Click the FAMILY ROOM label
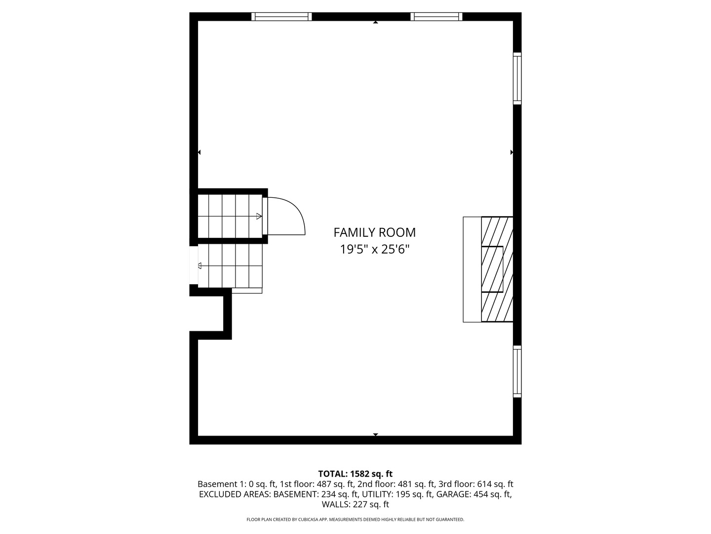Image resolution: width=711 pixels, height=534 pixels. coord(375,232)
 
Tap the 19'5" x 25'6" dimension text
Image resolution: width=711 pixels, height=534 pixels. coord(375,249)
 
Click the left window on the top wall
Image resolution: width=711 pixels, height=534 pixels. coord(281,17)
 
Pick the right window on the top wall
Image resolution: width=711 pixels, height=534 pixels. coord(436,17)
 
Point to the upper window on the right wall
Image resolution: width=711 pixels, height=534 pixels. coord(517,78)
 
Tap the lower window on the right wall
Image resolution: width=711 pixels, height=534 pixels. coord(517,371)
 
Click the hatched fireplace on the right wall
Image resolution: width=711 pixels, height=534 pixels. coord(497,269)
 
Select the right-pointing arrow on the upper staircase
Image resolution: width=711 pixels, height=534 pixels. coord(259,216)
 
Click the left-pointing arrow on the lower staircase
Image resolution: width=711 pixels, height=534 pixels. coord(200,266)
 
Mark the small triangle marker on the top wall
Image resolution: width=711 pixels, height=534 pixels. coord(375,22)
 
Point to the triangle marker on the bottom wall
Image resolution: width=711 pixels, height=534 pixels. coord(375,434)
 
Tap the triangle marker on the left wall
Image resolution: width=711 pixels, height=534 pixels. coord(199,152)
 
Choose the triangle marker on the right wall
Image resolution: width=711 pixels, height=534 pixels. coord(512,152)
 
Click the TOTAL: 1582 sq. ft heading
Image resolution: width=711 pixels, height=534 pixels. coord(355,474)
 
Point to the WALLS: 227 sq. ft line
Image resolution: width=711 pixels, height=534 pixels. coord(355,504)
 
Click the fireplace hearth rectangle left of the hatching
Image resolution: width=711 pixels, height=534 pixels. coord(472,269)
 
